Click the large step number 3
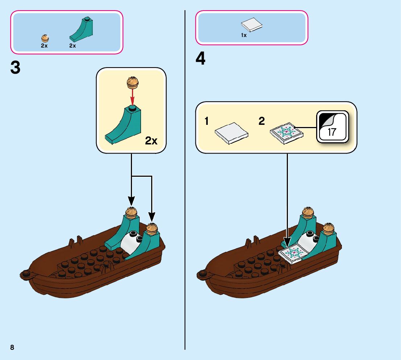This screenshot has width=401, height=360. pyautogui.click(x=15, y=68)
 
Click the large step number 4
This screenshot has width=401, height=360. pyautogui.click(x=200, y=59)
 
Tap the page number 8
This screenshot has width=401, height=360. pyautogui.click(x=12, y=347)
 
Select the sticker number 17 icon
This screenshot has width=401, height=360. pyautogui.click(x=332, y=126)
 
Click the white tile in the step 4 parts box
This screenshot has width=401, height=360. pyautogui.click(x=252, y=25)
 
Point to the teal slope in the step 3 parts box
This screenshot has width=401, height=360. pyautogui.click(x=82, y=29)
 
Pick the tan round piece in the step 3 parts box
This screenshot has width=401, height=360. pyautogui.click(x=45, y=38)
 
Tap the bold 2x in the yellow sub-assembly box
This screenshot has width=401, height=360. pyautogui.click(x=151, y=141)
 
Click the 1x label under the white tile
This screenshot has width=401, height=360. pyautogui.click(x=244, y=36)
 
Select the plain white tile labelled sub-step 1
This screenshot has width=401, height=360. pyautogui.click(x=231, y=132)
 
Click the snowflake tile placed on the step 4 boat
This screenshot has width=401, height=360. pyautogui.click(x=293, y=252)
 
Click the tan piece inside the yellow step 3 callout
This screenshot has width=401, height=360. pyautogui.click(x=132, y=82)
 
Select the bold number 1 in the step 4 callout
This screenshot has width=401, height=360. pyautogui.click(x=206, y=122)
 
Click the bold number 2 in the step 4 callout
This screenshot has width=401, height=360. pyautogui.click(x=262, y=122)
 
